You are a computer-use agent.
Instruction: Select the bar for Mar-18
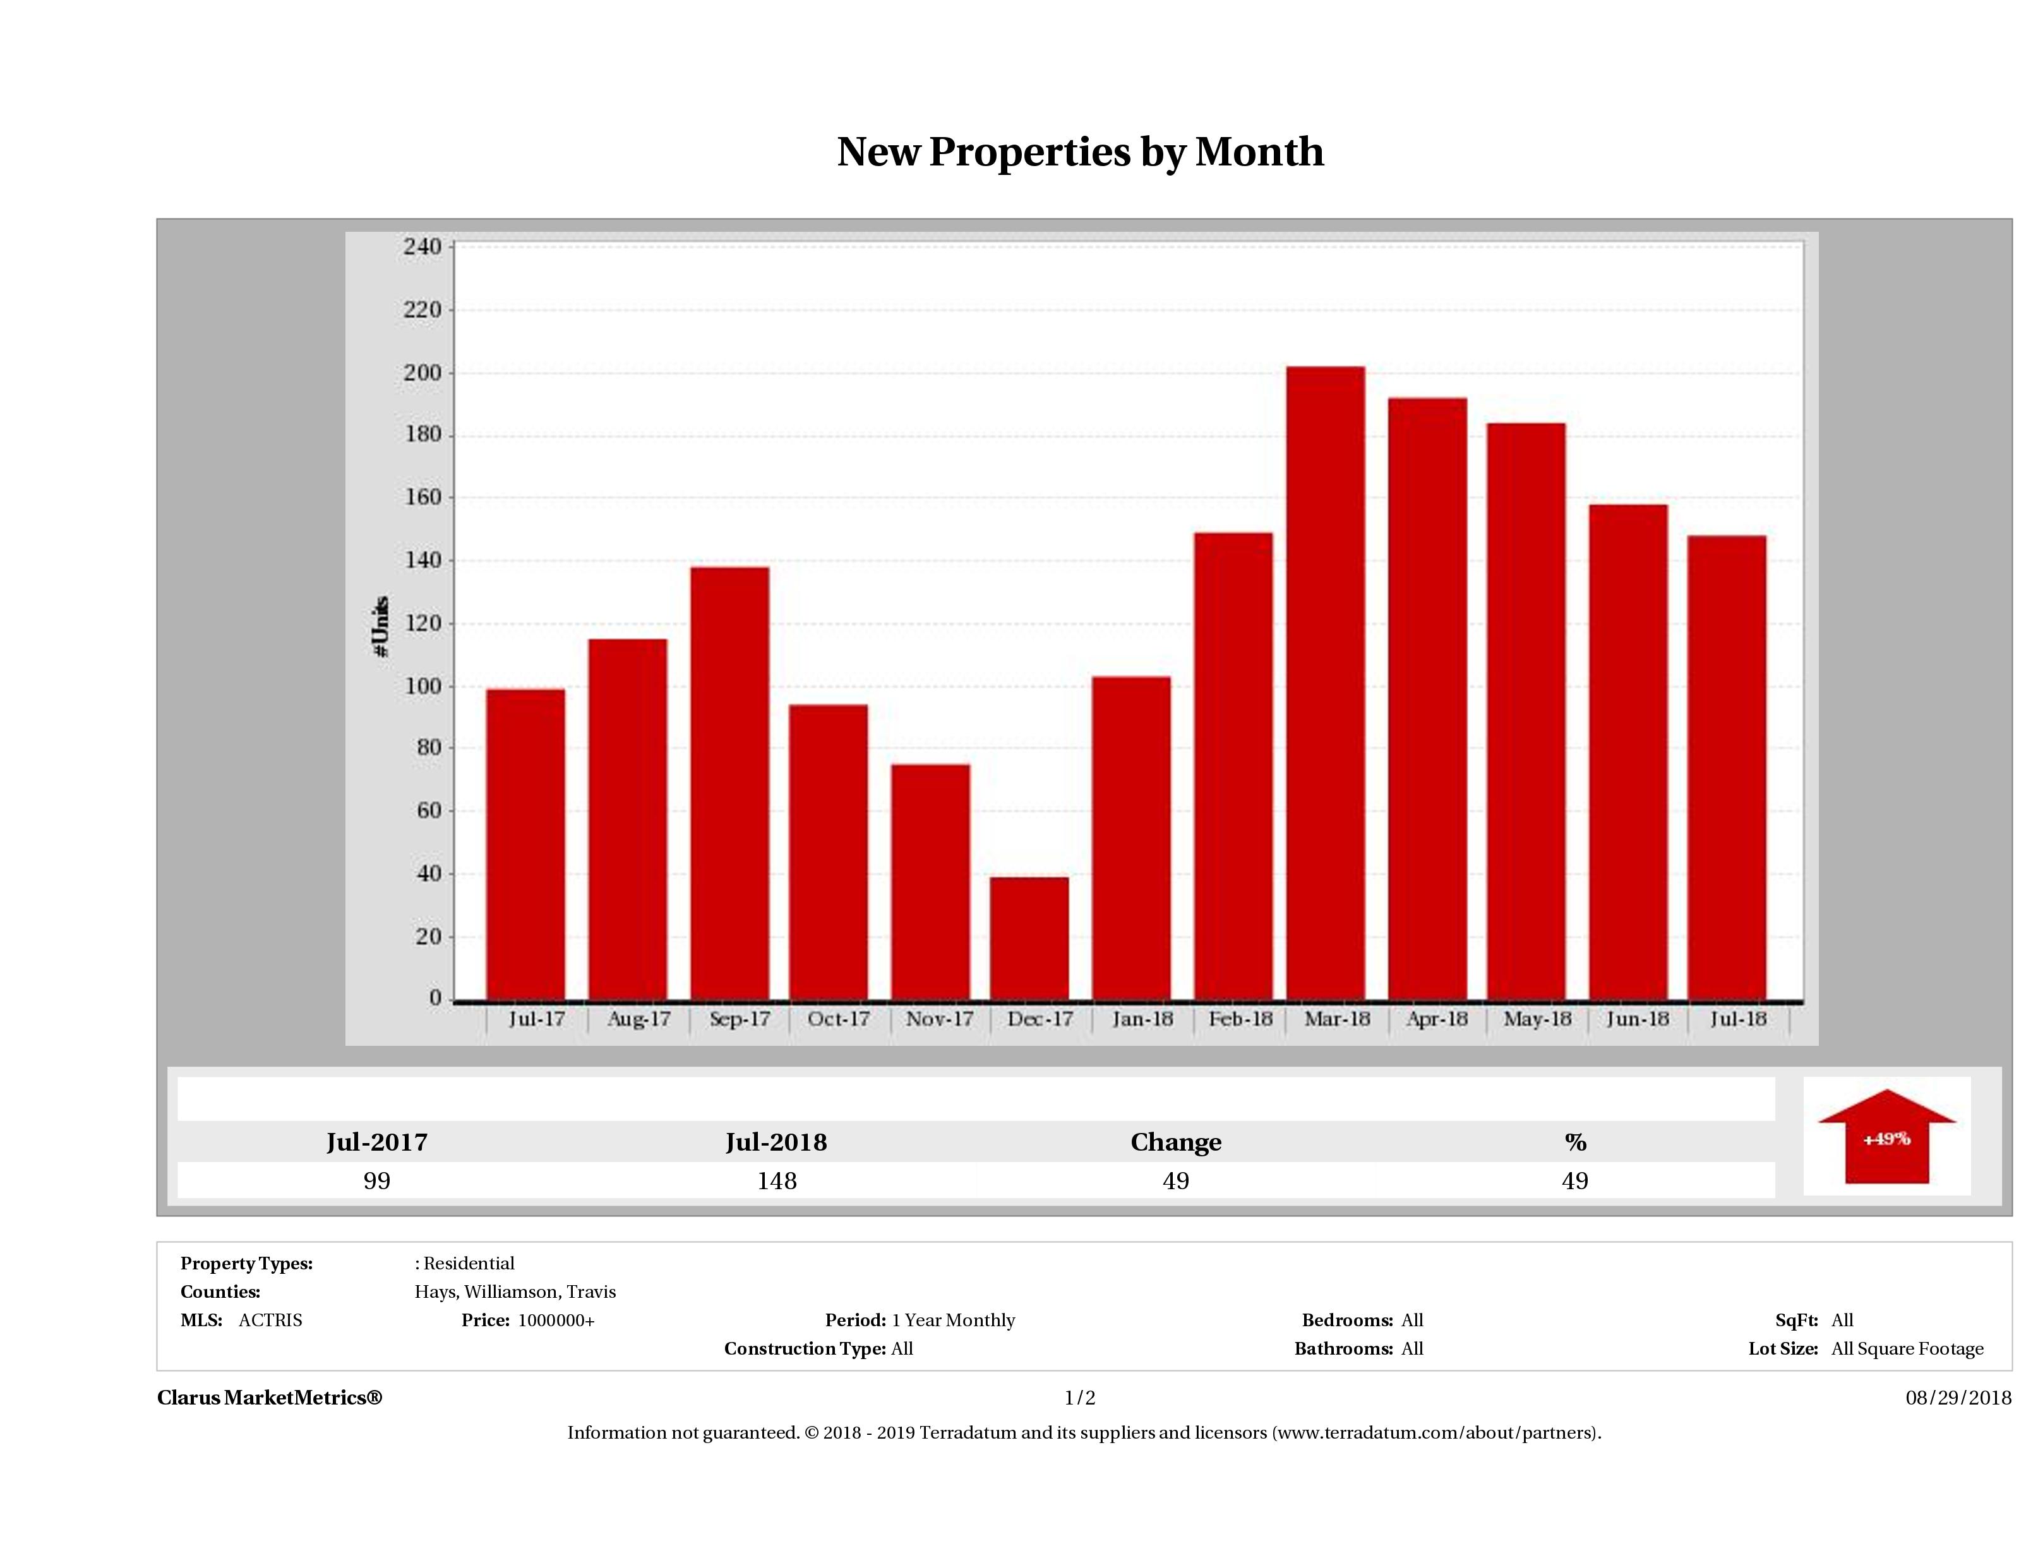pos(1326,683)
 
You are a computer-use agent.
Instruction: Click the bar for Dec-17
pos(1029,938)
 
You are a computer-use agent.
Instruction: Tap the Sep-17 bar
pos(729,783)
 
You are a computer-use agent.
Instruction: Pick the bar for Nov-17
pos(930,882)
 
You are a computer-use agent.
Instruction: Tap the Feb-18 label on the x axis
pos(1240,1019)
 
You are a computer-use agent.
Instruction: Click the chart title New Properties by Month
pos(1080,152)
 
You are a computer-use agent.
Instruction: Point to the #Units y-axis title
pos(381,626)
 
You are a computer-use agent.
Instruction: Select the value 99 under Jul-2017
pos(377,1181)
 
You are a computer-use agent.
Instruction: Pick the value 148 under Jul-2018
pos(777,1181)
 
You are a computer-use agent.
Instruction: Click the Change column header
pos(1176,1142)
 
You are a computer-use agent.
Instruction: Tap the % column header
pos(1574,1142)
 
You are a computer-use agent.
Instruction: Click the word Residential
pos(469,1263)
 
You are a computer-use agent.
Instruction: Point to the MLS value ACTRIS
pos(270,1321)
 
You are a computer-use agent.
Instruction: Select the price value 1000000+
pos(556,1321)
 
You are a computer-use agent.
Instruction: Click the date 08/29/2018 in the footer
pos(1958,1398)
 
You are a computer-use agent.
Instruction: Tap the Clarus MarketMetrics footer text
pos(269,1398)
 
